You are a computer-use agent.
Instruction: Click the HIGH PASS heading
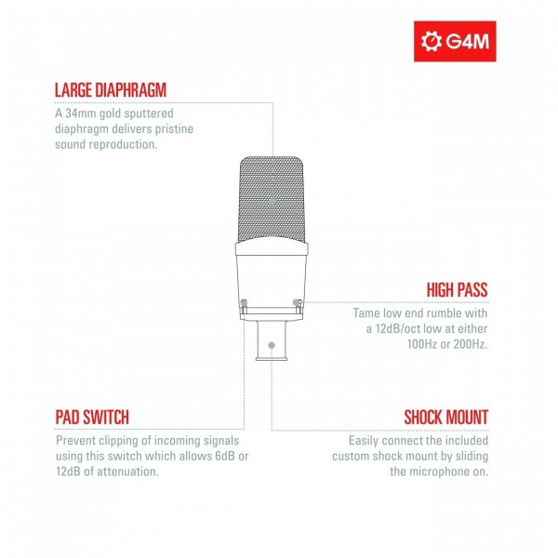coord(457,290)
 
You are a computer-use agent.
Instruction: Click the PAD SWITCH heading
coord(92,417)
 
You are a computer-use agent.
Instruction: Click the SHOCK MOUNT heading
coord(445,417)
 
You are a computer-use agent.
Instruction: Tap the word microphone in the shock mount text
coord(438,472)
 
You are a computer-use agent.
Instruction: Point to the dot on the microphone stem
coord(271,345)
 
